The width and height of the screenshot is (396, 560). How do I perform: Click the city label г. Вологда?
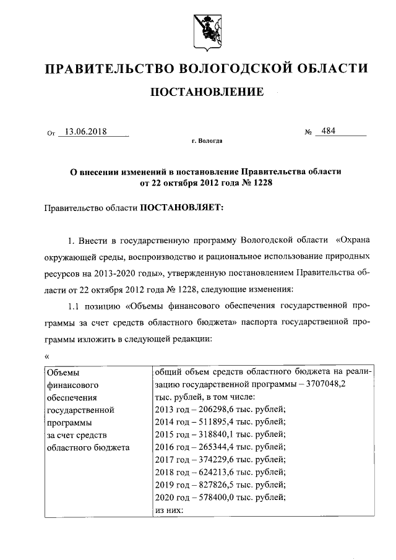tap(207, 142)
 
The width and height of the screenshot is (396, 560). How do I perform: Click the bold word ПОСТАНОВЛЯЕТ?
tap(179, 209)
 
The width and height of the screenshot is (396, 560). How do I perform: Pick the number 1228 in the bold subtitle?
tap(260, 183)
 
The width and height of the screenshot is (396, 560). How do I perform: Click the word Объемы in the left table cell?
tap(64, 372)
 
